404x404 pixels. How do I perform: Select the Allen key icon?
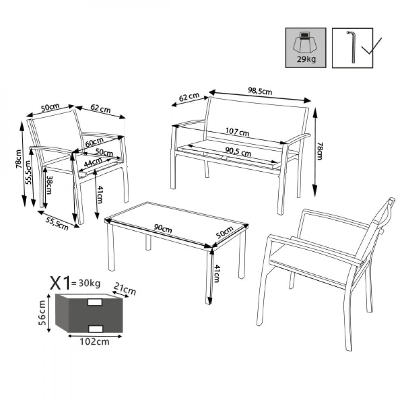351,47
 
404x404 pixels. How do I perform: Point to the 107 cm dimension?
238,132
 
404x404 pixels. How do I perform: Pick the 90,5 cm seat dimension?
238,153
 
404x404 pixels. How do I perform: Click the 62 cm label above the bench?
189,97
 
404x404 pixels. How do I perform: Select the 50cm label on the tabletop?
225,234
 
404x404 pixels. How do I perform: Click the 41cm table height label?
217,274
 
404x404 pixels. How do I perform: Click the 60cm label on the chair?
94,143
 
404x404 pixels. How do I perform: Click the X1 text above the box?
59,284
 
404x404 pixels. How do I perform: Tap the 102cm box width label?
94,342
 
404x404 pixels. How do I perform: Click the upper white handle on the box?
95,302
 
